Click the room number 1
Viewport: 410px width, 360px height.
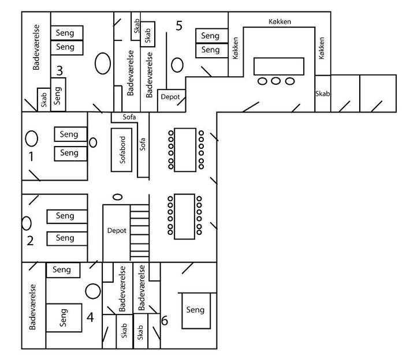31,156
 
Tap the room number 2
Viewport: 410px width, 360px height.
30,241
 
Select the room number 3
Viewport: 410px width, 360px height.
59,70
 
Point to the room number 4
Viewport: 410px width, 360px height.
90,317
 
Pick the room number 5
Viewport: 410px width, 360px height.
179,25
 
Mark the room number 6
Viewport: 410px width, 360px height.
165,321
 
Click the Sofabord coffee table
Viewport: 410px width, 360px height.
122,149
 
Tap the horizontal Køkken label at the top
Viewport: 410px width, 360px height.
280,21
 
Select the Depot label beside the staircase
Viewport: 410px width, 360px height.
117,230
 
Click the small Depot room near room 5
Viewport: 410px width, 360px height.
172,100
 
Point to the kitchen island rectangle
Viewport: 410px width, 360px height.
279,66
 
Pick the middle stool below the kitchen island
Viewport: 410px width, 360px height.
276,81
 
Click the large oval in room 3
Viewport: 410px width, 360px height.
103,63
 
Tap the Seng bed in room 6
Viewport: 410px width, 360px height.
196,310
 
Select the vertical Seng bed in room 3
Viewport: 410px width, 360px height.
58,94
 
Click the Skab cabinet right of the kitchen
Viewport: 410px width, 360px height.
323,93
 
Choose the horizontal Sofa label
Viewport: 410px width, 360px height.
129,117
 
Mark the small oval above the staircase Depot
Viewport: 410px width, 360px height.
117,197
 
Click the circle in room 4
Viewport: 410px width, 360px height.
93,291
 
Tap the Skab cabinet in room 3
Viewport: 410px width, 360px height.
44,100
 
